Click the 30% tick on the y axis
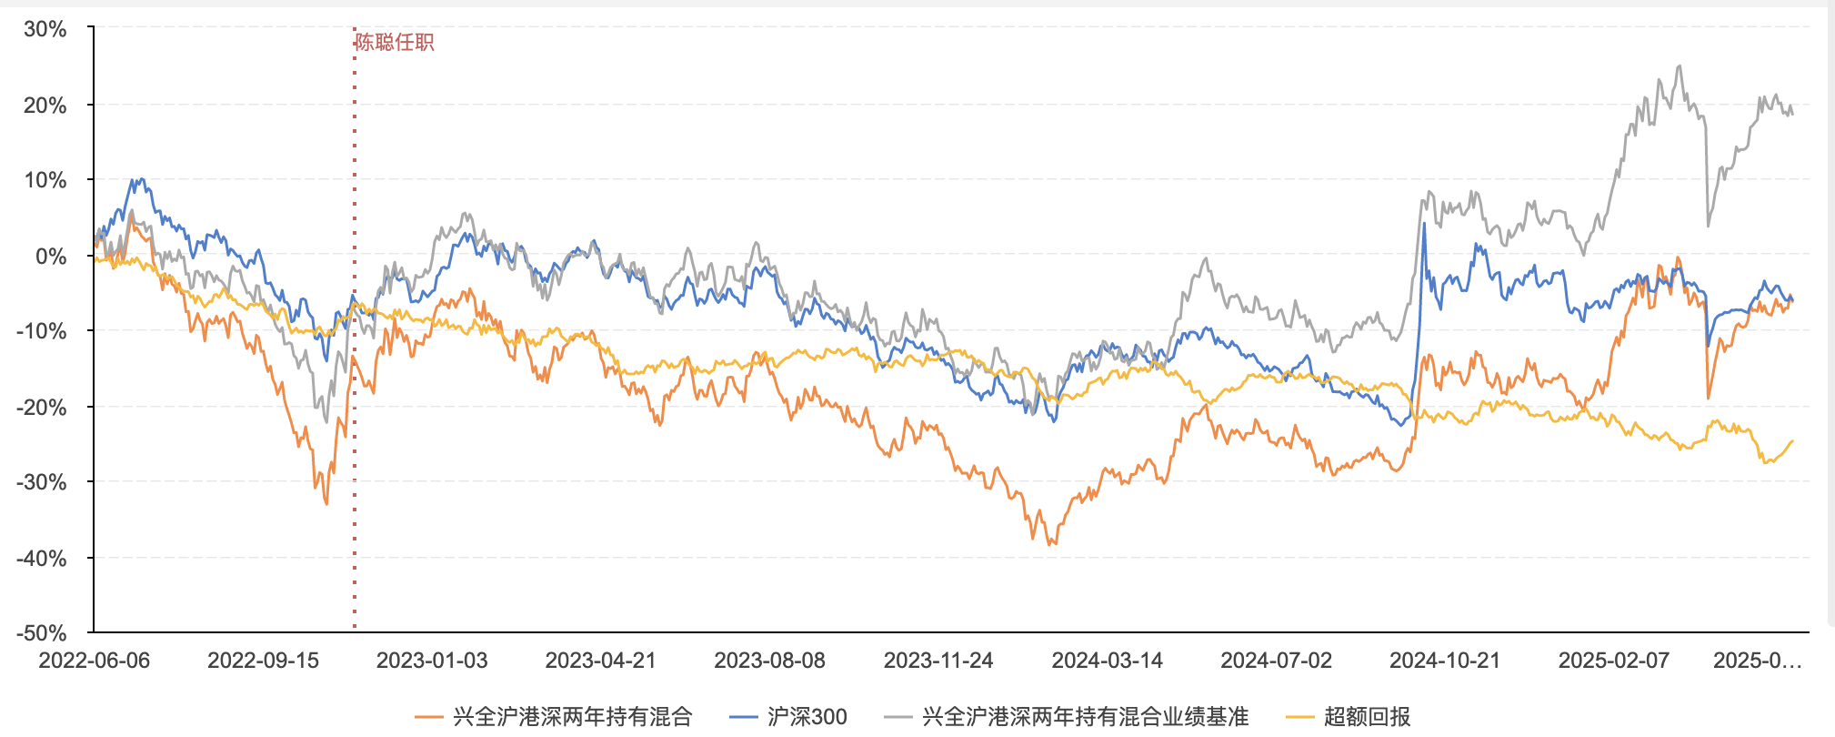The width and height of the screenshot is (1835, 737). [x=45, y=29]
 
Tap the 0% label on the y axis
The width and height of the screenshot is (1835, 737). [x=51, y=256]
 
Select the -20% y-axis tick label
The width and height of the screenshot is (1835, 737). [x=42, y=407]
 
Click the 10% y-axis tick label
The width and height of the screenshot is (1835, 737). [x=45, y=180]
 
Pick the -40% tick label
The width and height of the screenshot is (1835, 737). [x=42, y=558]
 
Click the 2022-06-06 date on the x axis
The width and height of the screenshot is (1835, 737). [x=94, y=661]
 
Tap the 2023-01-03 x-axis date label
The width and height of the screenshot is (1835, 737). [x=432, y=661]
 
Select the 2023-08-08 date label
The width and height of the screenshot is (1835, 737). [x=769, y=661]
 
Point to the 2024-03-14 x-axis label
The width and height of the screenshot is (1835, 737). [x=1107, y=661]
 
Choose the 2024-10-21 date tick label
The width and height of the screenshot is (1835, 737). [x=1445, y=661]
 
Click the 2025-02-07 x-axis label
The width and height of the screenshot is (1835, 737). [x=1614, y=661]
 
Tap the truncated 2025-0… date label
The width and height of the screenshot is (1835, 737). [x=1757, y=661]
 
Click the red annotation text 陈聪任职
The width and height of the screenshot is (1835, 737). [x=395, y=42]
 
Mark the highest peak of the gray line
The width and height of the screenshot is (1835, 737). [x=1680, y=66]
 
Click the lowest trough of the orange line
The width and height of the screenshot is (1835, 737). [x=1050, y=544]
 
